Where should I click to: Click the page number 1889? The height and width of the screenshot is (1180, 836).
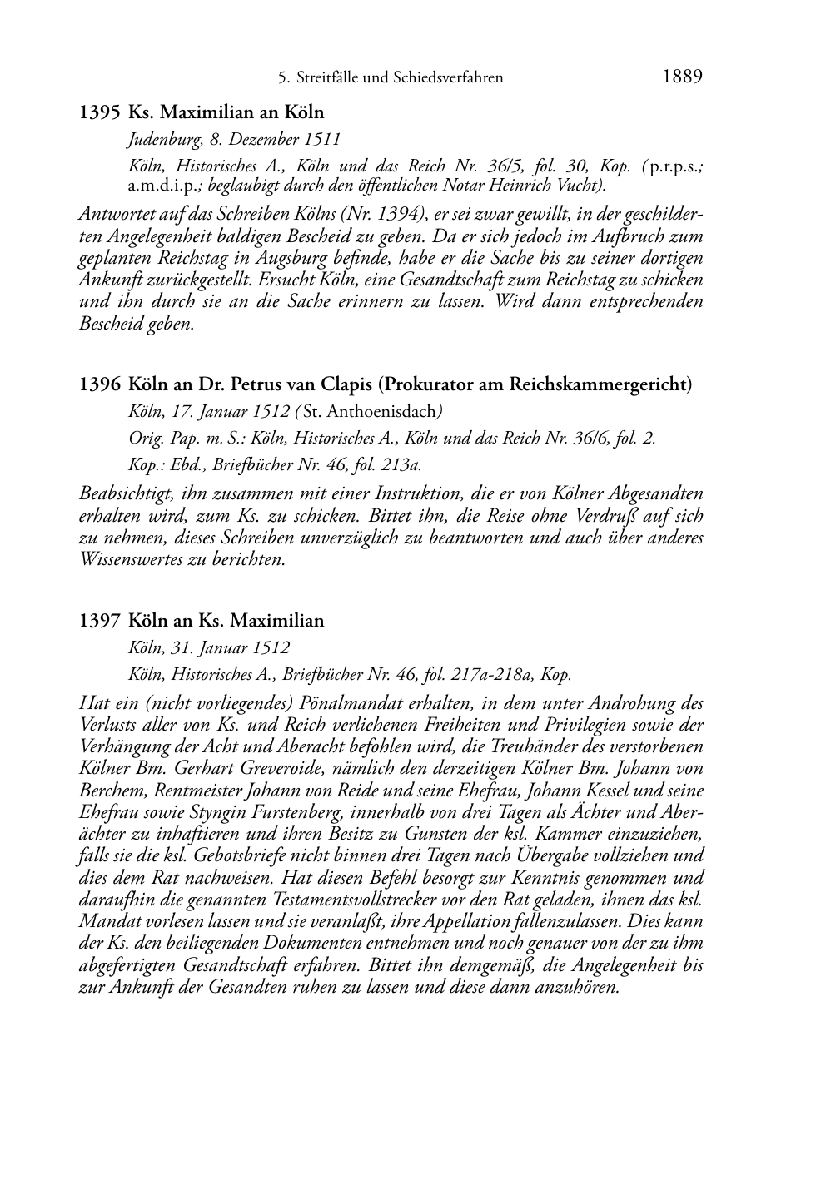683,77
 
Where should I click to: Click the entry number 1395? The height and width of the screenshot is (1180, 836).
101,112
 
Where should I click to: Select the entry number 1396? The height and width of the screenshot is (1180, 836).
101,384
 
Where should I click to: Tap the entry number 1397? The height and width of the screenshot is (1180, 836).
101,621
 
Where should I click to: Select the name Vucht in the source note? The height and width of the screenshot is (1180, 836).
575,185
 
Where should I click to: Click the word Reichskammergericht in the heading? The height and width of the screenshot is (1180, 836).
606,384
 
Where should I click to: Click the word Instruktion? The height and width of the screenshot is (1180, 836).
333,493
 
